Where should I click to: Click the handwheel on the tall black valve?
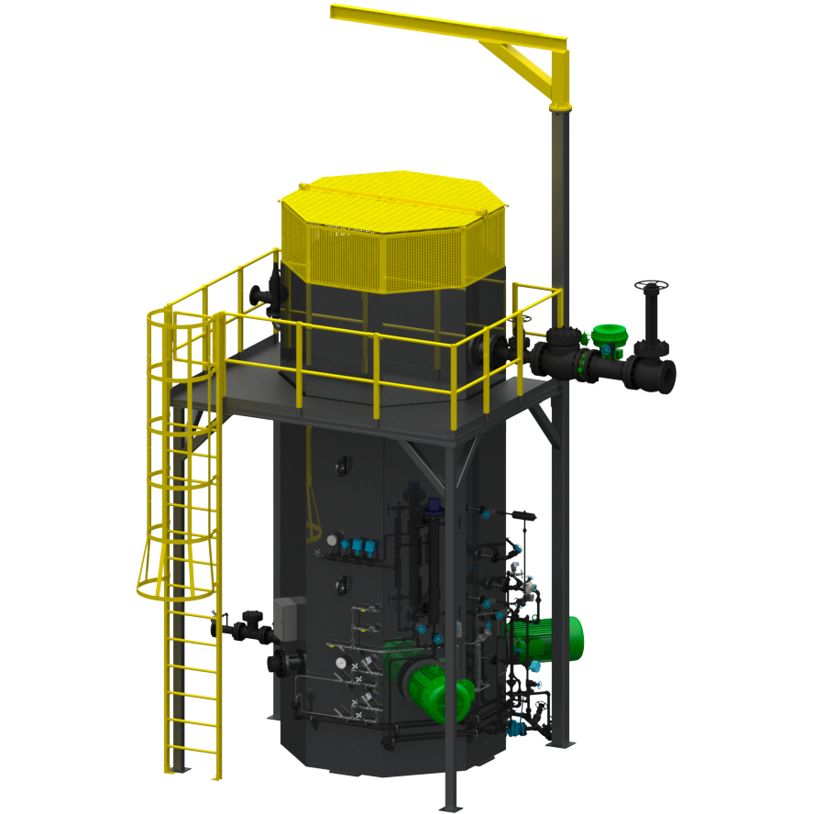pos(650,284)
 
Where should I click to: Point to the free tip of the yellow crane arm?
pos(337,12)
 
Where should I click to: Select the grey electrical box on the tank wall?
pos(286,618)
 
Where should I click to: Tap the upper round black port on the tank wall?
pos(345,465)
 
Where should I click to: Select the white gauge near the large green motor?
pos(341,663)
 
